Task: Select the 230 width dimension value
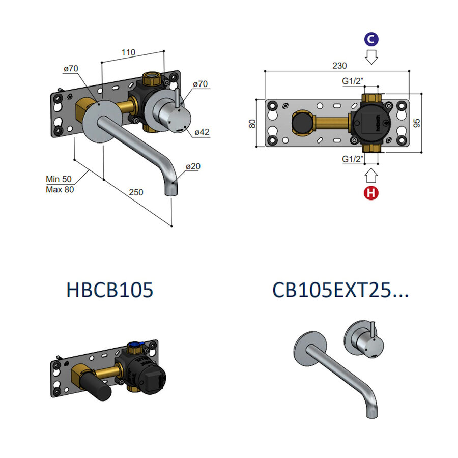339,66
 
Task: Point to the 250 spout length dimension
136,192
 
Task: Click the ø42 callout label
202,132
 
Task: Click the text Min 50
59,179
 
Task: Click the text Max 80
59,189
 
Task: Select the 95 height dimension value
417,123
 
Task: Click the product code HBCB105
109,290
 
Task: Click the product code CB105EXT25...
333,290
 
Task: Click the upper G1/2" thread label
352,81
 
